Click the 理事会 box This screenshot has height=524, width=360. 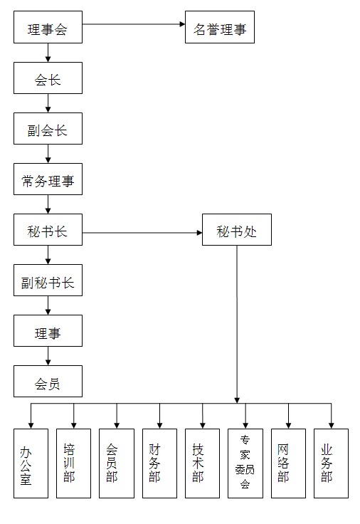(48, 27)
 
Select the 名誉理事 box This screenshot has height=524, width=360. (220, 27)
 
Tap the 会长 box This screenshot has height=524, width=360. (48, 78)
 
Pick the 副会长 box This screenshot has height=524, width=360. (48, 129)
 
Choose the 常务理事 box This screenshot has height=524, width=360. (48, 179)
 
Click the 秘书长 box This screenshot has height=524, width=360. (48, 229)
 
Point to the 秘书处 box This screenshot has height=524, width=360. (237, 229)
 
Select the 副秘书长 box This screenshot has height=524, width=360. (48, 280)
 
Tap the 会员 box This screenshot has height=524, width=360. (48, 382)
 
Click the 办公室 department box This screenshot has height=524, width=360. (31, 463)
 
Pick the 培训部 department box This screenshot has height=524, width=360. (73, 463)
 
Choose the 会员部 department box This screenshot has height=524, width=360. (117, 463)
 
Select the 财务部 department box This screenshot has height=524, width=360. (159, 463)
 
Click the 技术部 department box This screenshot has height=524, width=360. (202, 463)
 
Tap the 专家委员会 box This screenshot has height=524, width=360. (245, 463)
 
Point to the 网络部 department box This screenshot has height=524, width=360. (288, 463)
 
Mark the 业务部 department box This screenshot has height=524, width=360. (332, 463)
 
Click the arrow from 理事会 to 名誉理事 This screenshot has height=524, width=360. (134, 24)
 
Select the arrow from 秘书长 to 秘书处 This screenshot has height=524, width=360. (142, 233)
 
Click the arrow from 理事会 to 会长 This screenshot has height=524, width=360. (48, 53)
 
